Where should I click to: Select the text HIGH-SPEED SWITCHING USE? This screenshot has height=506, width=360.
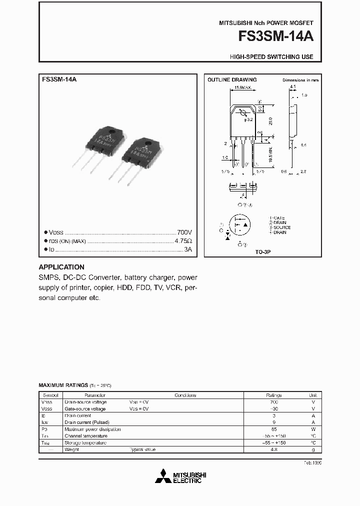271,57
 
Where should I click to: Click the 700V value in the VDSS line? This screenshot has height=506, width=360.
184,232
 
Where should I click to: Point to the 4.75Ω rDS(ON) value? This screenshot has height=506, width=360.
183,240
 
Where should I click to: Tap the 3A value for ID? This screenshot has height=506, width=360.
187,248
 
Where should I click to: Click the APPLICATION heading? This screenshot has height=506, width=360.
61,267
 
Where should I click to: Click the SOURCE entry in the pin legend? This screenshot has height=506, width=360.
281,227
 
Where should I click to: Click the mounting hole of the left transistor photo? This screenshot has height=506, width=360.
112,132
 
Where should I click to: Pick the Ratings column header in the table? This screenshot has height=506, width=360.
273,395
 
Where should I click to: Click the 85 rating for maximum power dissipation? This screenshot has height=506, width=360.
273,429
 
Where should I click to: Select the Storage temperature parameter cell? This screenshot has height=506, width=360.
85,443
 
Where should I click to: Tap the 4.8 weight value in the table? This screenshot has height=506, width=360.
273,449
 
